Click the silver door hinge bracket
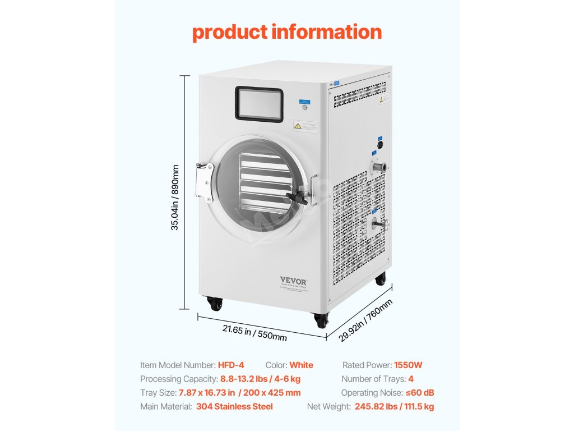[x=204, y=181]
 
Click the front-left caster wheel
[x=215, y=304]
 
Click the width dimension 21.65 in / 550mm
[x=254, y=333]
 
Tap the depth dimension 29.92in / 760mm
[x=366, y=320]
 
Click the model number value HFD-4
[x=231, y=365]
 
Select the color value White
[x=301, y=365]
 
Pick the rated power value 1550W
[x=408, y=365]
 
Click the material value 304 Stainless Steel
[x=234, y=406]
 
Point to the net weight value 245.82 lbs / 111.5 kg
[x=394, y=406]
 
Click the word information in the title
[x=327, y=32]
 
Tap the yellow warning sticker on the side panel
[x=384, y=99]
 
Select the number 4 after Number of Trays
[x=411, y=379]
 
